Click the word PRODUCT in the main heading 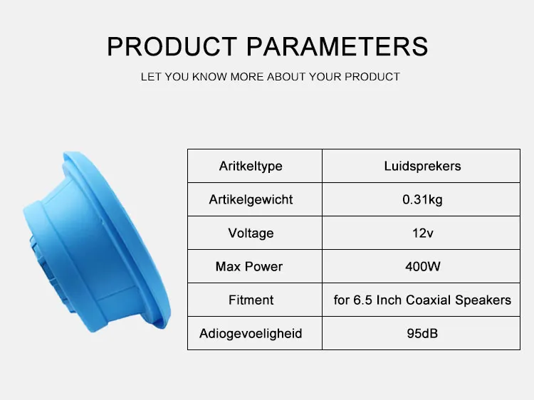172,46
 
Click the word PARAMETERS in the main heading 337,46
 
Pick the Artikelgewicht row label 251,199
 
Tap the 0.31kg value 422,199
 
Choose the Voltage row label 251,233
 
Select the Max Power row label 249,267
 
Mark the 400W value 423,267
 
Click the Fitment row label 251,300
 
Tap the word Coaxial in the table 429,300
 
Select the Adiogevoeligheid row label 251,334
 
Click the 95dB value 422,334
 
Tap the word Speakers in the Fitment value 483,300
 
